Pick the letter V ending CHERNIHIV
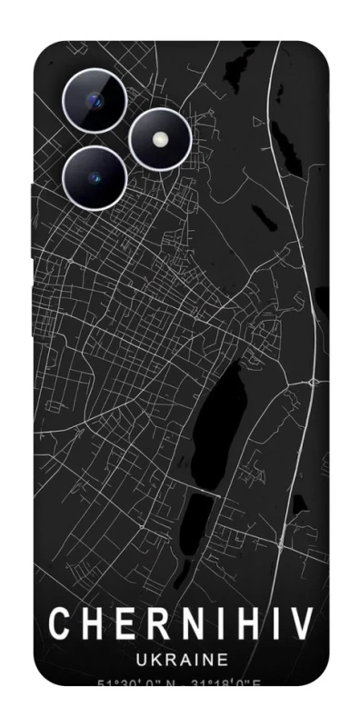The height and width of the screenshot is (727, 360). pos(301,624)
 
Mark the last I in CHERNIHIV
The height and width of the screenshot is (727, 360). pos(273,624)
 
